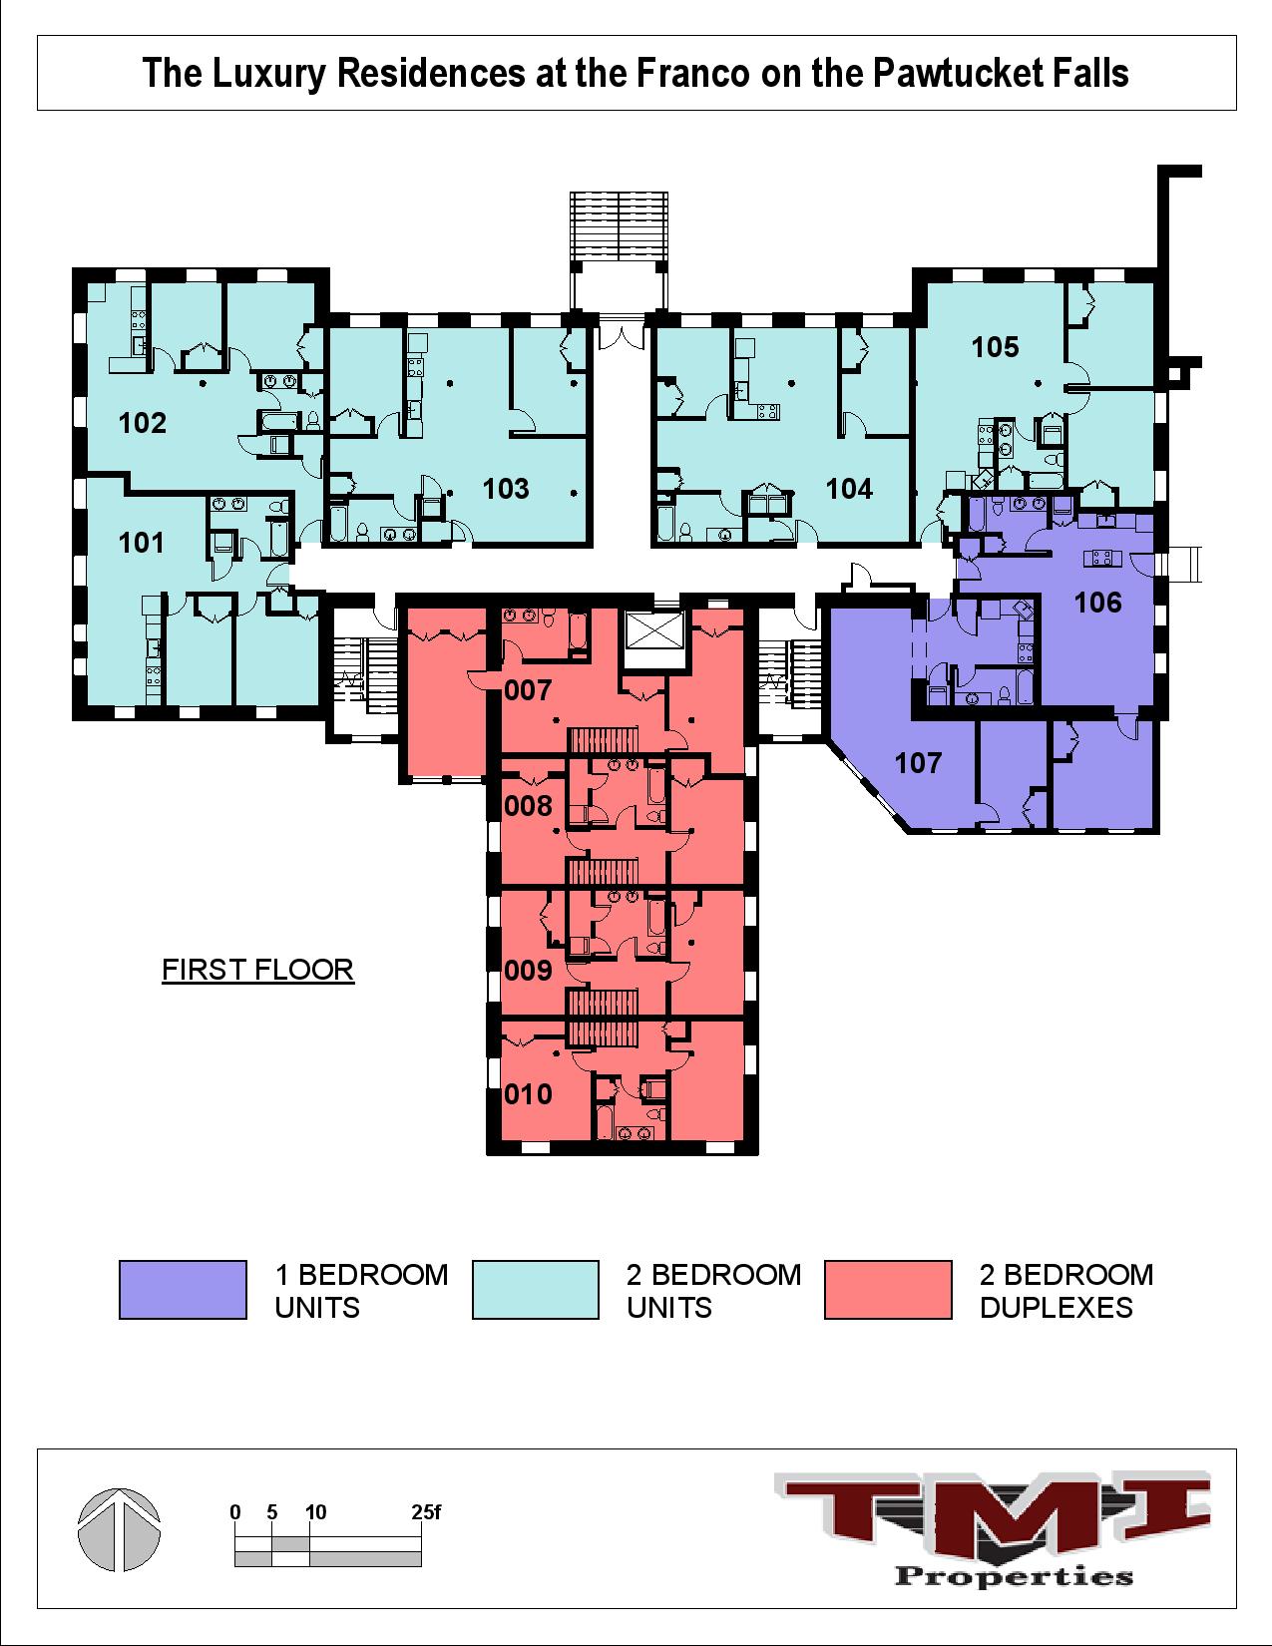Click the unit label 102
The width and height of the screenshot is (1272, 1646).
pos(142,423)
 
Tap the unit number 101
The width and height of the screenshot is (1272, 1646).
pos(141,543)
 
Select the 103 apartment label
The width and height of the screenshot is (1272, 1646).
pos(506,489)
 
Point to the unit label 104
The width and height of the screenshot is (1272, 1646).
pos(849,489)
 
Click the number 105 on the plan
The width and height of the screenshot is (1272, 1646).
pos(995,347)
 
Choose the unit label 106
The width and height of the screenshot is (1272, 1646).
pos(1097,603)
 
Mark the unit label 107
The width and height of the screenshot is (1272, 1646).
pos(918,763)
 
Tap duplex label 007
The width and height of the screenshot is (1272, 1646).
pos(528,690)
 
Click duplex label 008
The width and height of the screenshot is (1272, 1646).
pos(528,806)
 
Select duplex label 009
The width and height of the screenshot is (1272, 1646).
pos(528,970)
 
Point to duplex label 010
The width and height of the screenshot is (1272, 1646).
pos(528,1094)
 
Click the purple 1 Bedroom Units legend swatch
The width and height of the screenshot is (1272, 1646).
pos(183,1290)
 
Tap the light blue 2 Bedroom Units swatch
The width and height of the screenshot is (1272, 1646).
pos(535,1290)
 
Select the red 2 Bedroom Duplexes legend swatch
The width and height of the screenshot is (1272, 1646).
pos(888,1290)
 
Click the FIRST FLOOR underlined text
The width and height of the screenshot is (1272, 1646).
pos(257,970)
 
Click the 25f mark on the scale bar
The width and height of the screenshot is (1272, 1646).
pos(426,1512)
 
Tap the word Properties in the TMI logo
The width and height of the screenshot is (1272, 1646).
pos(1015,1576)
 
